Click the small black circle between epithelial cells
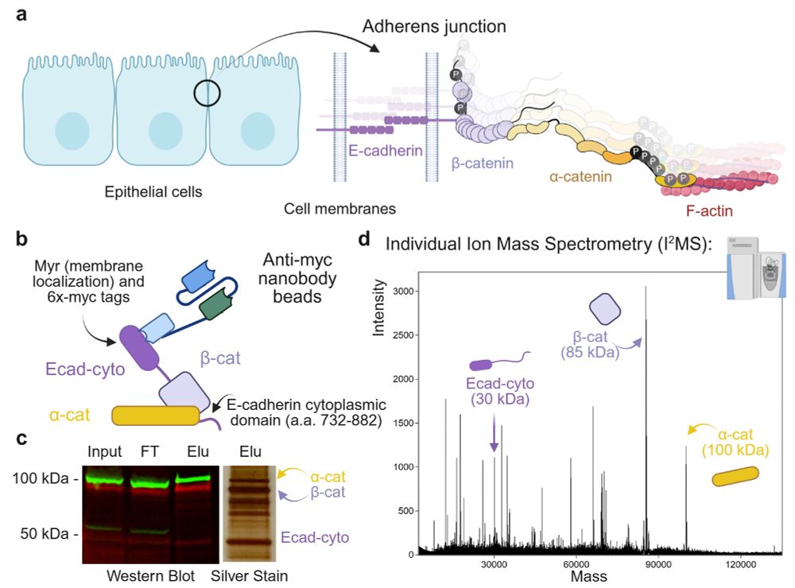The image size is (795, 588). [207, 94]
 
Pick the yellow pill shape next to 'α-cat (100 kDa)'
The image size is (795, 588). [735, 477]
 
